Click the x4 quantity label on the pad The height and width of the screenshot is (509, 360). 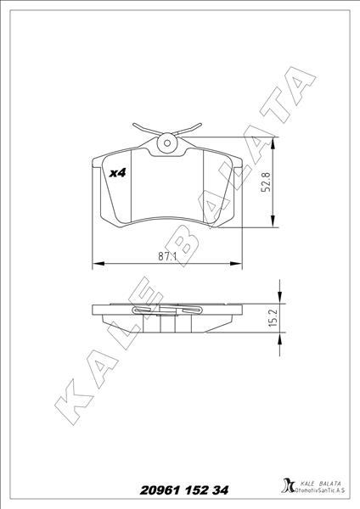[x=118, y=172]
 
